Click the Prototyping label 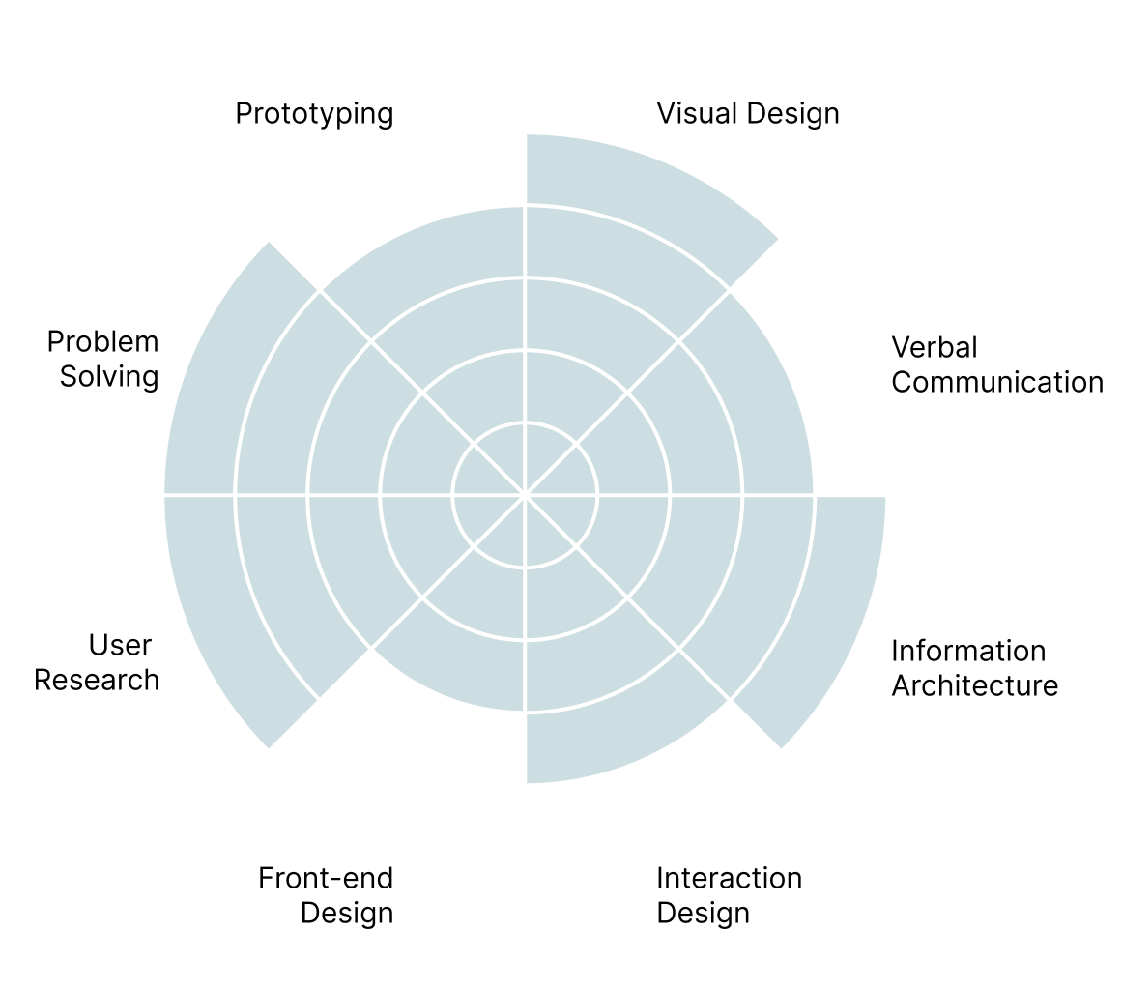(x=314, y=114)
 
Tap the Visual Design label (x=747, y=114)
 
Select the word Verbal (x=934, y=347)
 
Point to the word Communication (x=996, y=382)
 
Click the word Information (x=967, y=651)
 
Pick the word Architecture (x=974, y=685)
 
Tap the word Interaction (x=729, y=878)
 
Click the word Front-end (x=326, y=878)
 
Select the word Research (x=97, y=680)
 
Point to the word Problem (x=102, y=341)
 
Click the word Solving (x=109, y=375)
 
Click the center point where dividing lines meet (x=525, y=495)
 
